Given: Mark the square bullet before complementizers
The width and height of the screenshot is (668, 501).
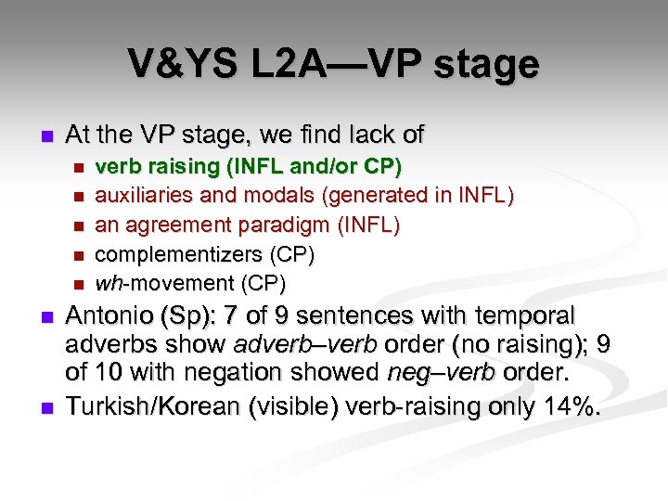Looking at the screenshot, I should [x=78, y=253].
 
